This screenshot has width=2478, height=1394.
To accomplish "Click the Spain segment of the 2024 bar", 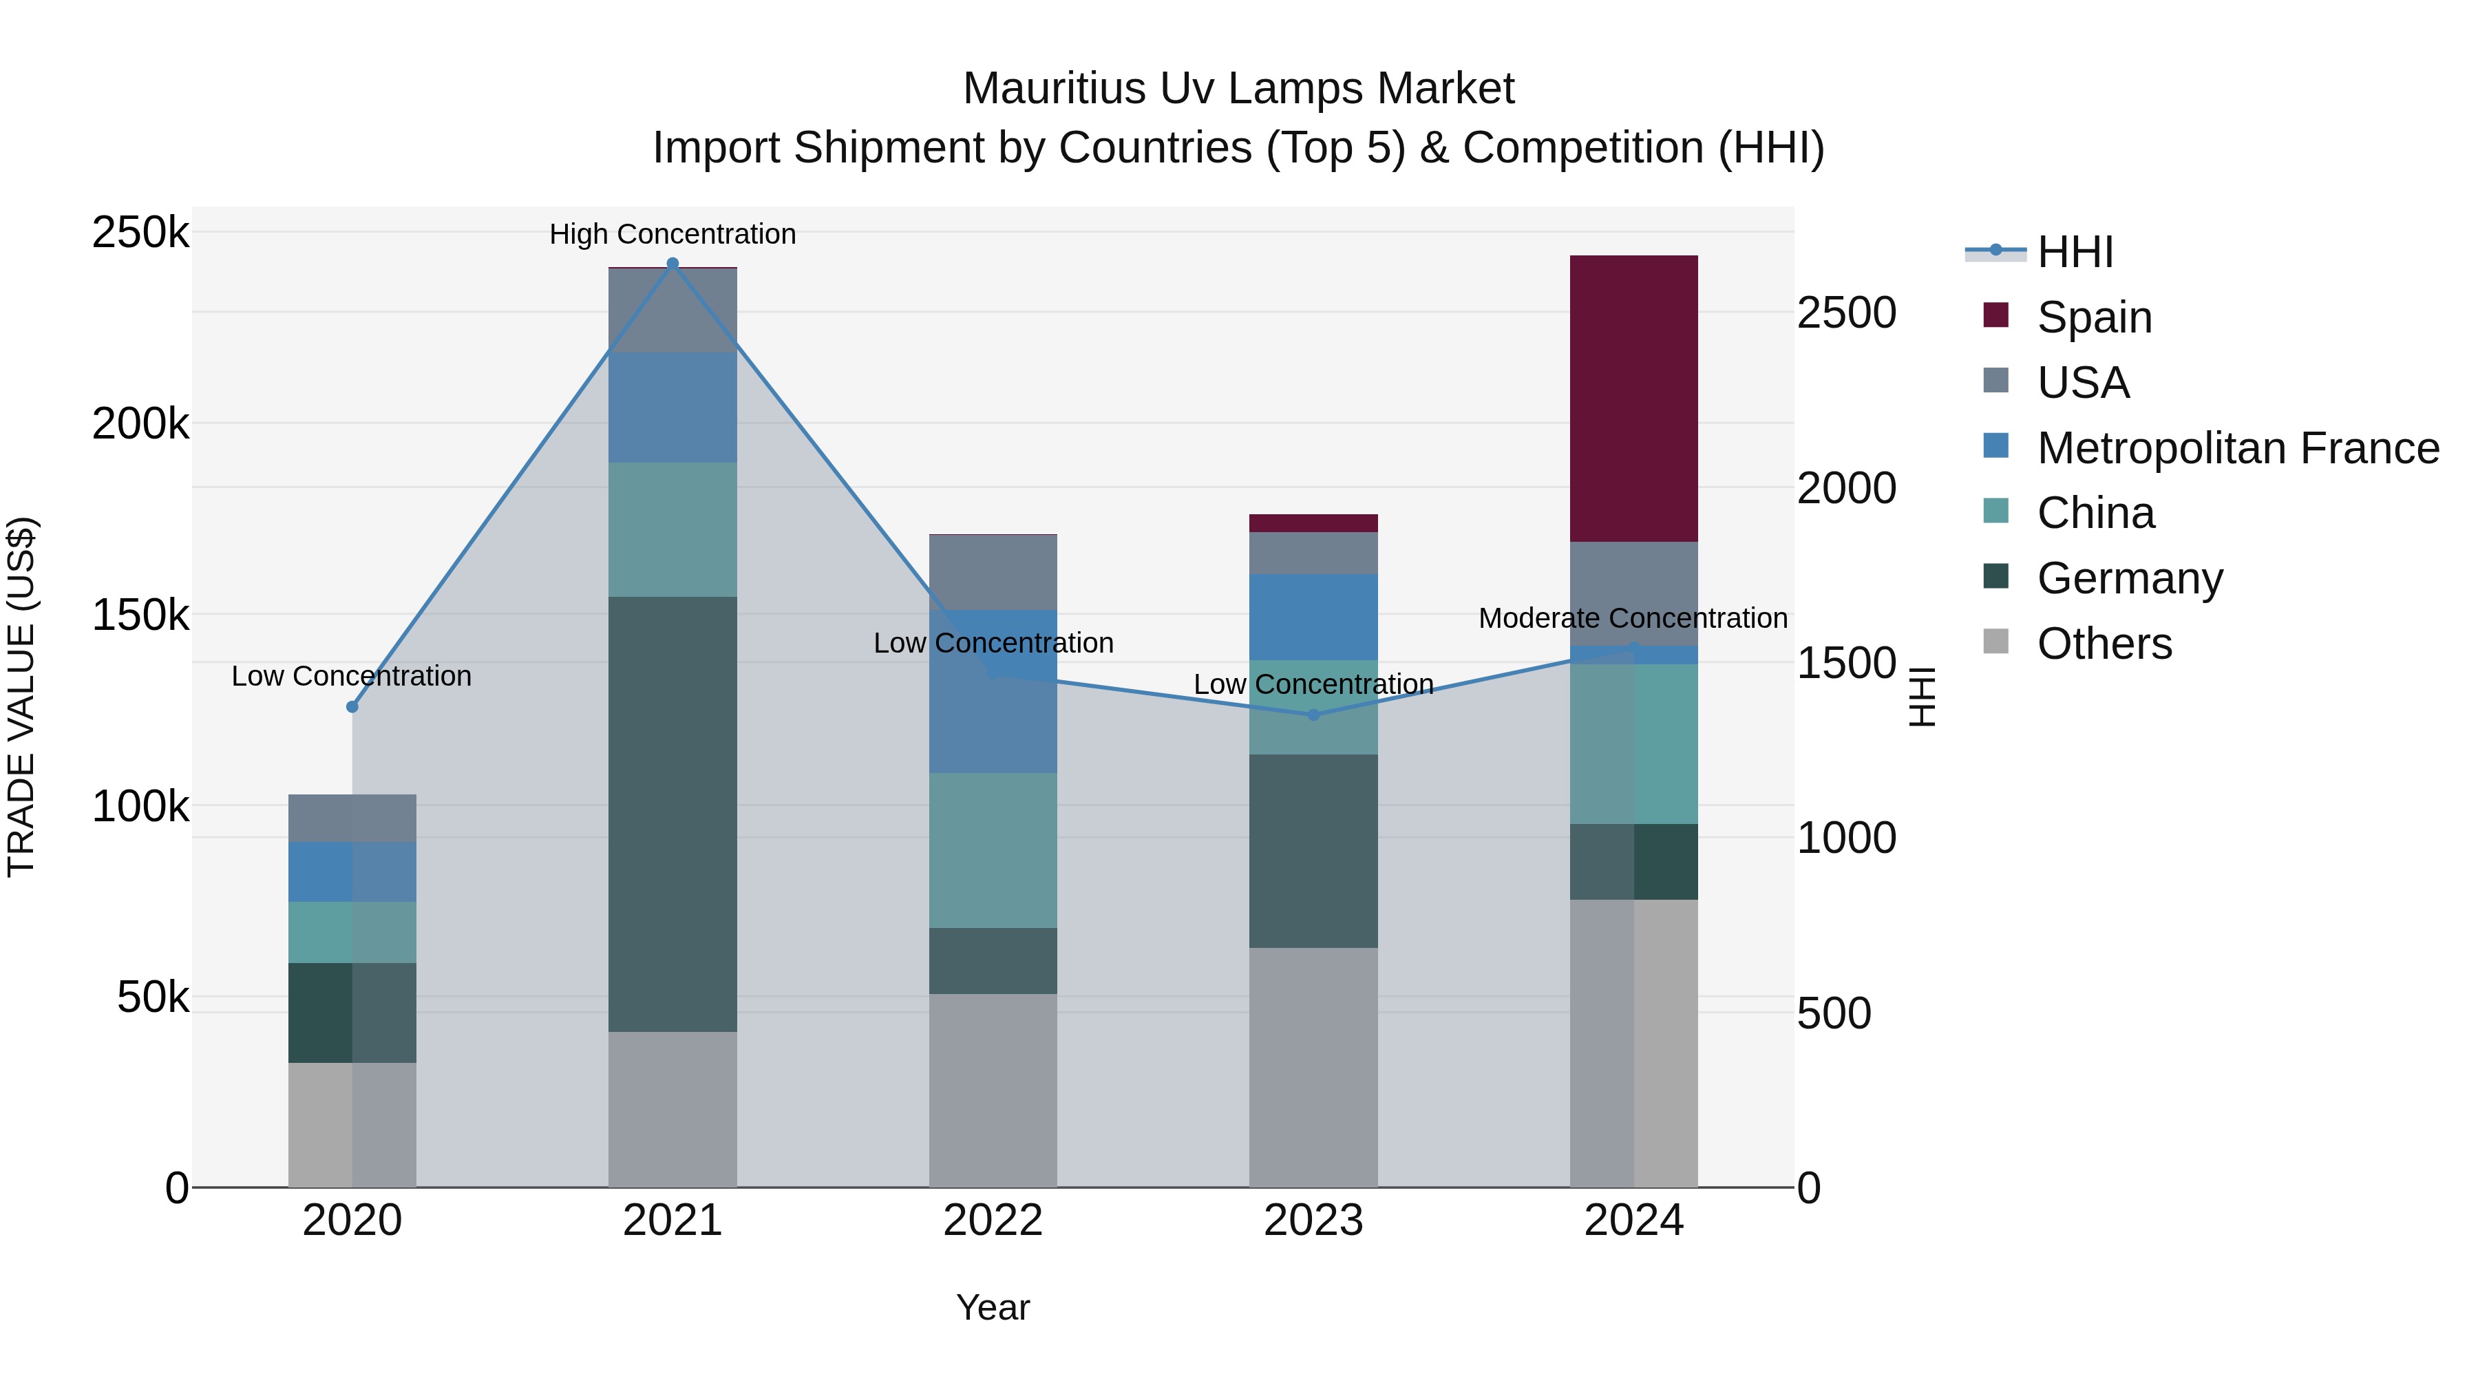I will click(x=1633, y=399).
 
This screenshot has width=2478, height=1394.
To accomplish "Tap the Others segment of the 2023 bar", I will click(x=1313, y=1067).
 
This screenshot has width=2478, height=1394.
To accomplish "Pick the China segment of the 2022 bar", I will click(x=993, y=850).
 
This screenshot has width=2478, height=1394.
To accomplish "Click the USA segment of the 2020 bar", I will click(x=352, y=818).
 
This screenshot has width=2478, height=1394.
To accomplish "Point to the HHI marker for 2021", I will click(x=673, y=264).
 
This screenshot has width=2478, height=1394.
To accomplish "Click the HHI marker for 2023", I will click(x=1313, y=715).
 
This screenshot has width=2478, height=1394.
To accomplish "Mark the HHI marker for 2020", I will click(x=352, y=707).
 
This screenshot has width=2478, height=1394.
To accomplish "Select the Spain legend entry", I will click(x=2093, y=317).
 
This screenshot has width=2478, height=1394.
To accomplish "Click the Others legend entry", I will click(x=2104, y=644).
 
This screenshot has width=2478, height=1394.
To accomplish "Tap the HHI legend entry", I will click(x=2074, y=252).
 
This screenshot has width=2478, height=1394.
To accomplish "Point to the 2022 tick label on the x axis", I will click(x=993, y=1221).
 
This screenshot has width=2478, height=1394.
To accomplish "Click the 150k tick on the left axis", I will click(x=140, y=615).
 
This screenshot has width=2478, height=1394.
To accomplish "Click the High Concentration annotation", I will click(x=673, y=234).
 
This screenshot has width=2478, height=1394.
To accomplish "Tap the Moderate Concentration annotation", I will click(x=1633, y=619).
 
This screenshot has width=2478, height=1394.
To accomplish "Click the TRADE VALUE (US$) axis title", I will click(x=21, y=697).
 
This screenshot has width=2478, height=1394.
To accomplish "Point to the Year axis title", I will click(x=993, y=1307).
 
